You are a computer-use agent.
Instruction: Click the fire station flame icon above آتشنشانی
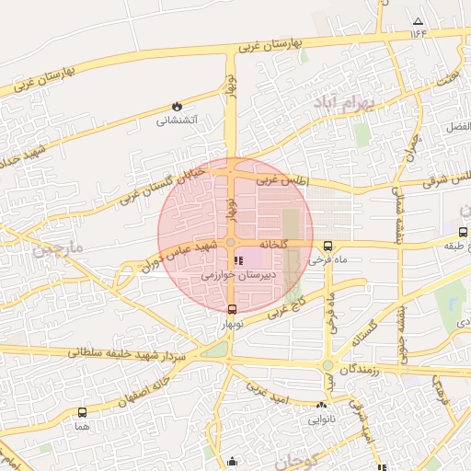pos(177,106)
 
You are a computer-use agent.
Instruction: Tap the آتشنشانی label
pos(177,120)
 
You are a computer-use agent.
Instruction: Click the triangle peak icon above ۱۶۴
pos(419,21)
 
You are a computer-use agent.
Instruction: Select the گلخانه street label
pos(274,244)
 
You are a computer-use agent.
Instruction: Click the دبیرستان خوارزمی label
pos(233,275)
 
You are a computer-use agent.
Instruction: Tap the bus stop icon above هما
pos(83,413)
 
